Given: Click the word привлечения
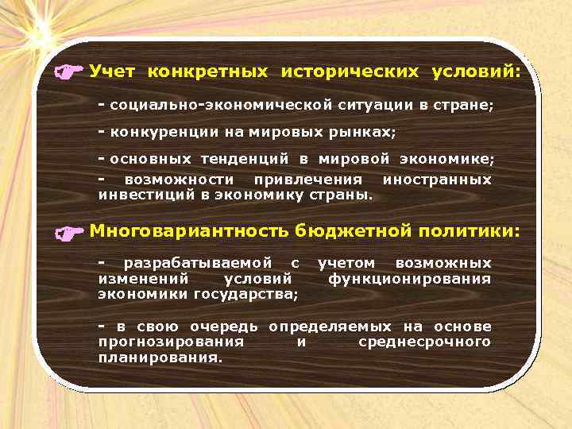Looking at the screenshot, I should (307, 180).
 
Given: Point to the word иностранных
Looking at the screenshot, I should (437, 180).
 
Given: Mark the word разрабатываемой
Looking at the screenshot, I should (198, 263).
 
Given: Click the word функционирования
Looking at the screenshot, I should (409, 279).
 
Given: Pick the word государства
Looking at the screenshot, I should (245, 295).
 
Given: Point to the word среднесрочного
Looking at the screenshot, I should (424, 342).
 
